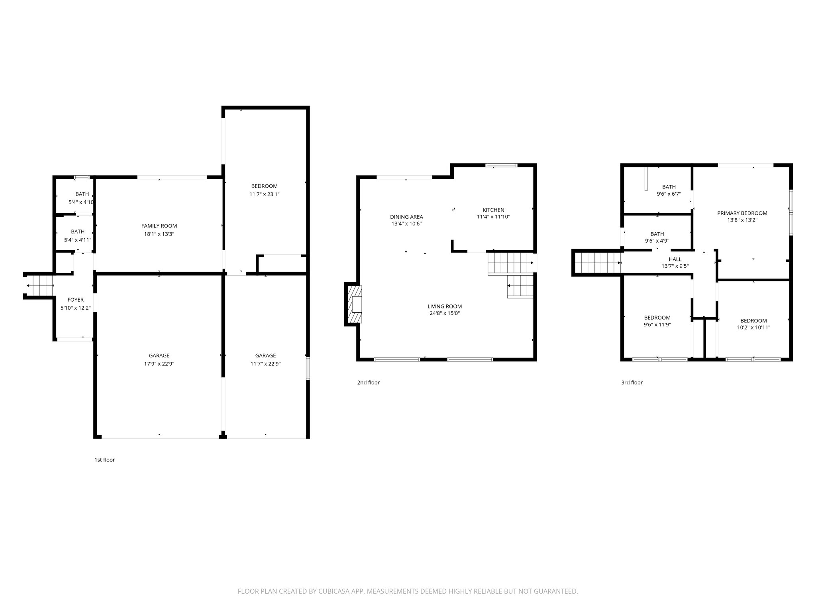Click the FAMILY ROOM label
pos(159,226)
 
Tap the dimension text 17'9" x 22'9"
pos(159,364)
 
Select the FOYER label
pos(76,300)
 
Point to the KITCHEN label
pos(493,210)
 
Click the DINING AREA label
pos(406,217)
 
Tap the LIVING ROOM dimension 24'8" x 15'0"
pos(445,313)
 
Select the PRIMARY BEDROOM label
pos(742,213)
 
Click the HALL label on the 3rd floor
pos(675,259)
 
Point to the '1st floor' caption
pos(104,460)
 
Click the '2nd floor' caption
pos(368,382)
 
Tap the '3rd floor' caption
pos(632,382)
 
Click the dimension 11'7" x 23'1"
pos(264,194)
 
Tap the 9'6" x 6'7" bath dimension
pos(669,194)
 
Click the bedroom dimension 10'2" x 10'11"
pos(753,328)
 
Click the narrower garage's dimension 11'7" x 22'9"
pos(265,364)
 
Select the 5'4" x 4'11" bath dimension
pos(78,240)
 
